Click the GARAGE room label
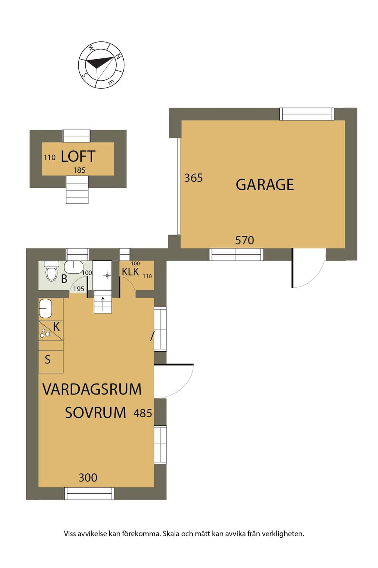point(265,185)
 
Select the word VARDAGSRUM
point(92,389)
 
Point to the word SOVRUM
point(96,413)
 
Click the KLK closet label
point(130,272)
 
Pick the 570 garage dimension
point(244,240)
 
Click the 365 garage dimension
point(193,178)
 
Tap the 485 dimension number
point(143,413)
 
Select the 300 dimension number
point(88,478)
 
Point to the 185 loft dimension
point(79,170)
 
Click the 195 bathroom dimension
point(79,289)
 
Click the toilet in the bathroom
point(52,271)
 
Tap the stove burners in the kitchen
point(45,333)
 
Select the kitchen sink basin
point(45,308)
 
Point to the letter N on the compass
point(118,56)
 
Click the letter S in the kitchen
point(48,359)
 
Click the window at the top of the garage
point(307,114)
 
